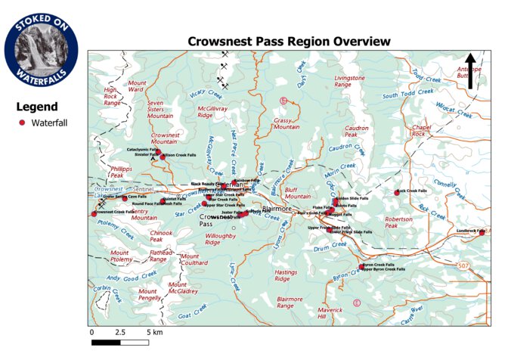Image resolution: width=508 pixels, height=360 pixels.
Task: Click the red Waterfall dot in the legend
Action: (23, 122)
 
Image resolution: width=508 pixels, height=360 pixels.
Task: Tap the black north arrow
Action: (470, 70)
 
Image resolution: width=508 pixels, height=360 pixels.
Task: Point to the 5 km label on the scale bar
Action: (156, 332)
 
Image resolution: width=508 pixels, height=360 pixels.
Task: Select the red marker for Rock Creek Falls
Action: (398, 192)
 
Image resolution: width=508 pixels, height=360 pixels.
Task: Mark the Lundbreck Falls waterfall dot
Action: (482, 233)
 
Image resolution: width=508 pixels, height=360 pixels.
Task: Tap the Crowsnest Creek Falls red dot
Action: (94, 214)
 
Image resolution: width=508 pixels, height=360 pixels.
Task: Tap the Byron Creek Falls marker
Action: (362, 265)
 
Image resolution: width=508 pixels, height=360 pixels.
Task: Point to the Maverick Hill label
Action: (330, 312)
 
